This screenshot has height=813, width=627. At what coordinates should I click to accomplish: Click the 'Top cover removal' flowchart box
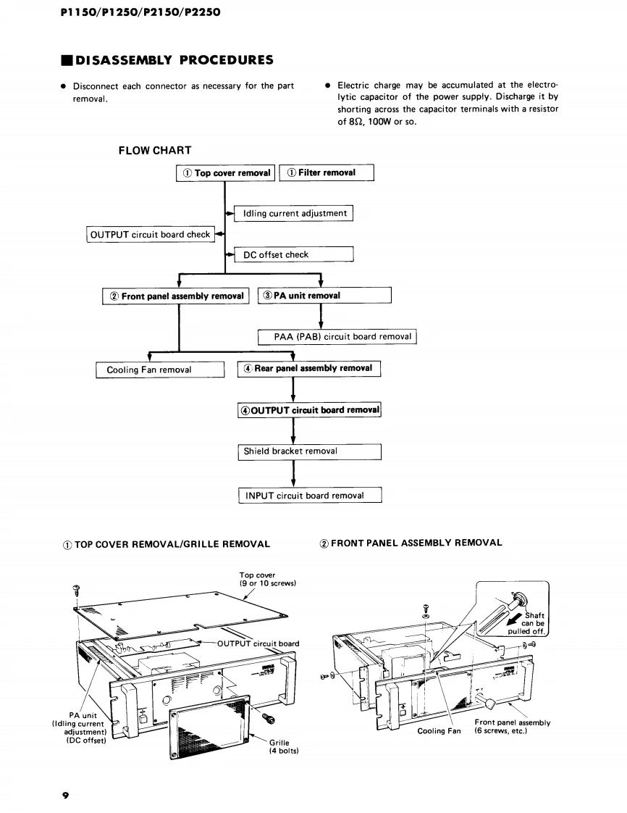point(225,173)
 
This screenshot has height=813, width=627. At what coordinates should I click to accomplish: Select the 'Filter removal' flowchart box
point(327,173)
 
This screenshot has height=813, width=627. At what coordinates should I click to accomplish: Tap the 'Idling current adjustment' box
point(293,213)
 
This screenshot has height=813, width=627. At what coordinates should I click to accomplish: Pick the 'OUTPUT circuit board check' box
point(150,235)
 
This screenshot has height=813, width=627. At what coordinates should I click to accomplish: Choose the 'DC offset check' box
point(293,255)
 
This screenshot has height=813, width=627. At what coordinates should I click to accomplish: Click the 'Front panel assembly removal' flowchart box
point(177,296)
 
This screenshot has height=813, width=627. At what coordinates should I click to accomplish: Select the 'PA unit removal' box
point(324,296)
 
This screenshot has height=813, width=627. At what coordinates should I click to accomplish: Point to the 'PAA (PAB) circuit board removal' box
point(337,337)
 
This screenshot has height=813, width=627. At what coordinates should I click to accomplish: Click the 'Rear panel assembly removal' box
point(309,369)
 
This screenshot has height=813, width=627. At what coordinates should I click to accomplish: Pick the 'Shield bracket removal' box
point(309,451)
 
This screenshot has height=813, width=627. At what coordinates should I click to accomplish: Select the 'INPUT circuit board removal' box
point(309,496)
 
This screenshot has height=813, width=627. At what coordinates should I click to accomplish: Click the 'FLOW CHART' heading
point(155,151)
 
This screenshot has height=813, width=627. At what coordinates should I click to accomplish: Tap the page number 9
point(65,796)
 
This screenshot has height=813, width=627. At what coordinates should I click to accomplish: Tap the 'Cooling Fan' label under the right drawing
point(439,730)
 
